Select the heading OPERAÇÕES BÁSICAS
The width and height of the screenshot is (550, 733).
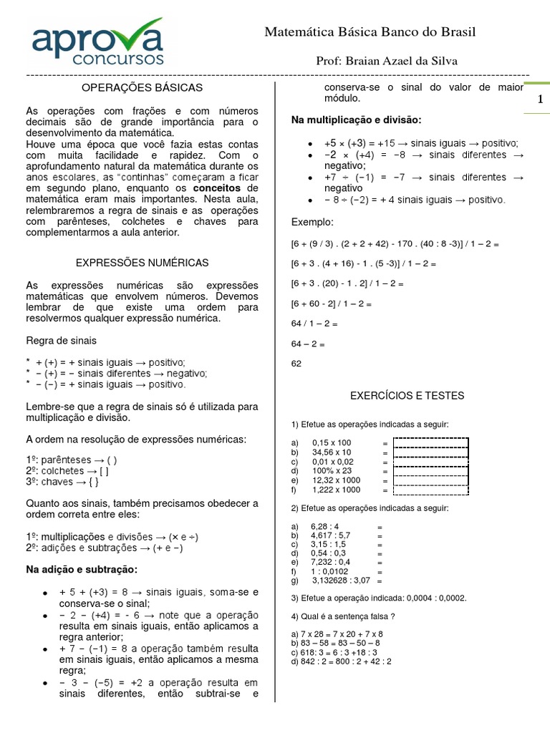(x=143, y=88)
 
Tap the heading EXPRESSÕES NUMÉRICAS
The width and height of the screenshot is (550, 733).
(x=143, y=263)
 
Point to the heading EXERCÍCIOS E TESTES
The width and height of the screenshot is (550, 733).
(x=407, y=395)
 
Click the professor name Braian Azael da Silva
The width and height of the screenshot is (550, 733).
(x=387, y=61)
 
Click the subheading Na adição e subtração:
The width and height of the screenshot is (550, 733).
(x=82, y=570)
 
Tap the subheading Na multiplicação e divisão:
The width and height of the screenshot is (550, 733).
(x=357, y=120)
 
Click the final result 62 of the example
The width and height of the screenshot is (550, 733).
(x=296, y=364)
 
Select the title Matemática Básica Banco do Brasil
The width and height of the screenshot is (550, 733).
(x=370, y=32)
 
